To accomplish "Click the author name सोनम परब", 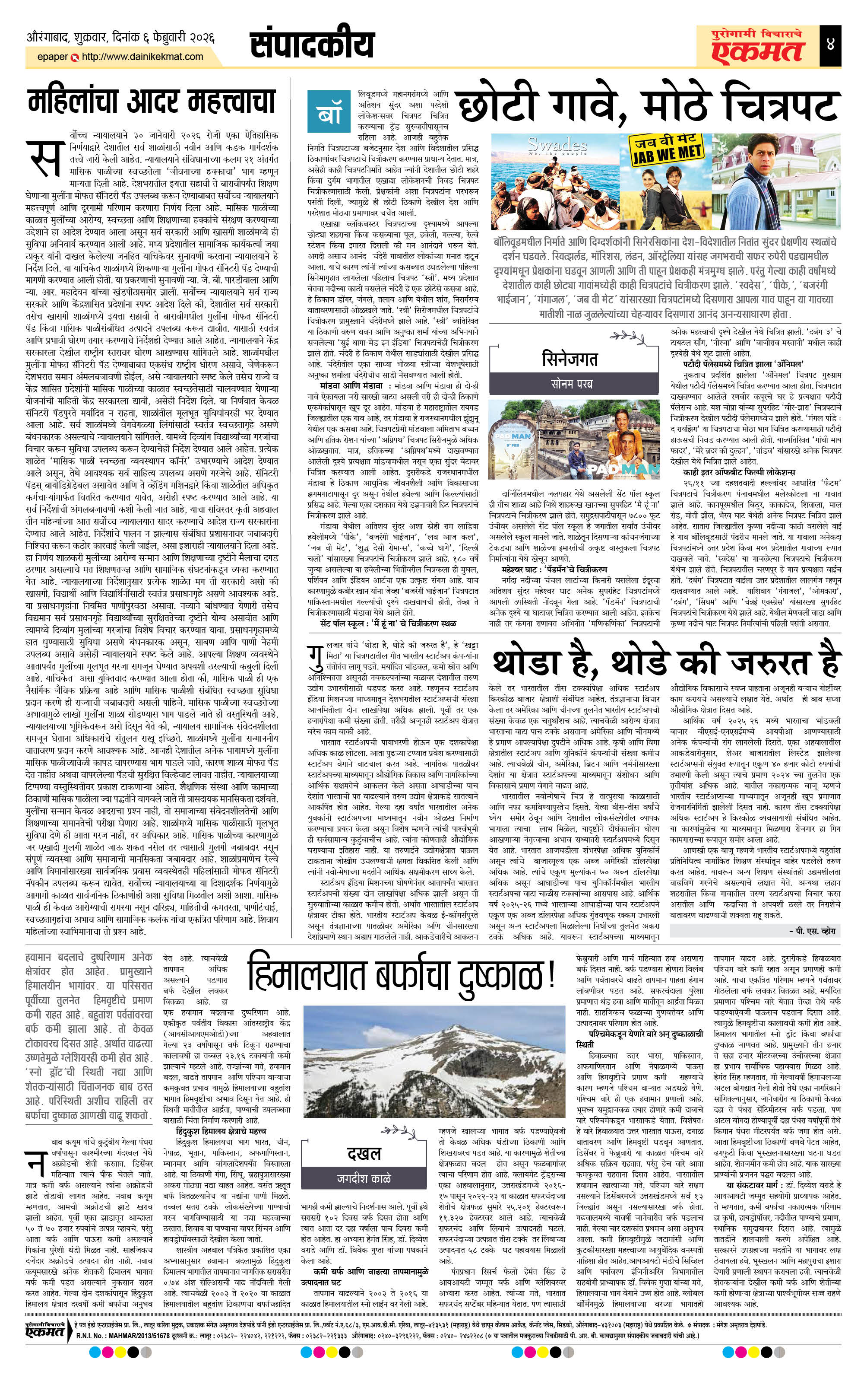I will tap(571, 383).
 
